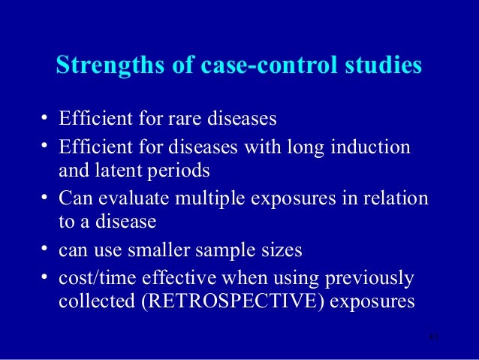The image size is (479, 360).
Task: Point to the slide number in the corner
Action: pyautogui.click(x=431, y=336)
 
